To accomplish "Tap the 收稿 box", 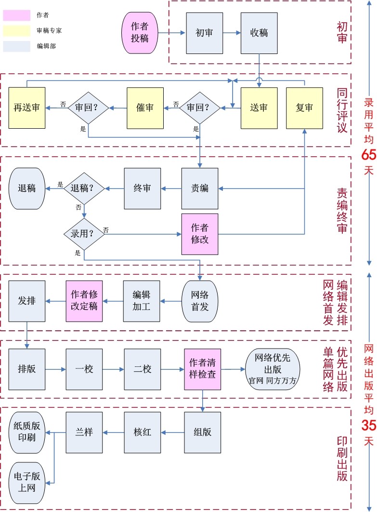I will tap(259, 33).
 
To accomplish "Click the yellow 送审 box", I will tap(259, 108).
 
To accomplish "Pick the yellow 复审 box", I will tap(304, 108).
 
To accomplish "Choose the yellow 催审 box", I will tap(145, 108).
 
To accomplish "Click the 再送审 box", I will tap(27, 108).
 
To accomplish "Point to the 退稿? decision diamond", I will tap(84, 188).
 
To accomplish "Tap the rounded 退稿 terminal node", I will tap(27, 188).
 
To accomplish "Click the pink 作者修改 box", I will tap(199, 233).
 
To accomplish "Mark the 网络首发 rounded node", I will tap(200, 301).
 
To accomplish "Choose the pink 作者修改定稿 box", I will tap(84, 301).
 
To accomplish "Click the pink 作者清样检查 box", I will tap(202, 369).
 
